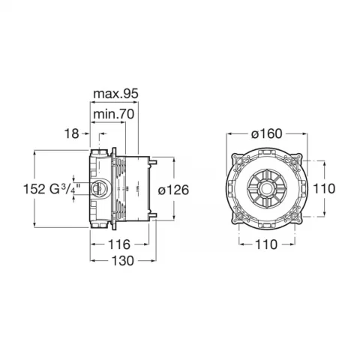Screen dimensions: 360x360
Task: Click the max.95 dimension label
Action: (115, 94)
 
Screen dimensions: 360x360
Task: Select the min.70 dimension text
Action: (114, 114)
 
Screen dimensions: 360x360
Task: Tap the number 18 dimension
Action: (72, 133)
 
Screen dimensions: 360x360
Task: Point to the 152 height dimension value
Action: (34, 189)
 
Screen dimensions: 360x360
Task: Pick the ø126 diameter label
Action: (173, 190)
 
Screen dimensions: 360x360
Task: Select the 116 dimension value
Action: (119, 244)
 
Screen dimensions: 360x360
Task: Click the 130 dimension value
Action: (122, 261)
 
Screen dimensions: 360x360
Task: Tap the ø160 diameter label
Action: (266, 133)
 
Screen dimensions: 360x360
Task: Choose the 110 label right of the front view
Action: (324, 188)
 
